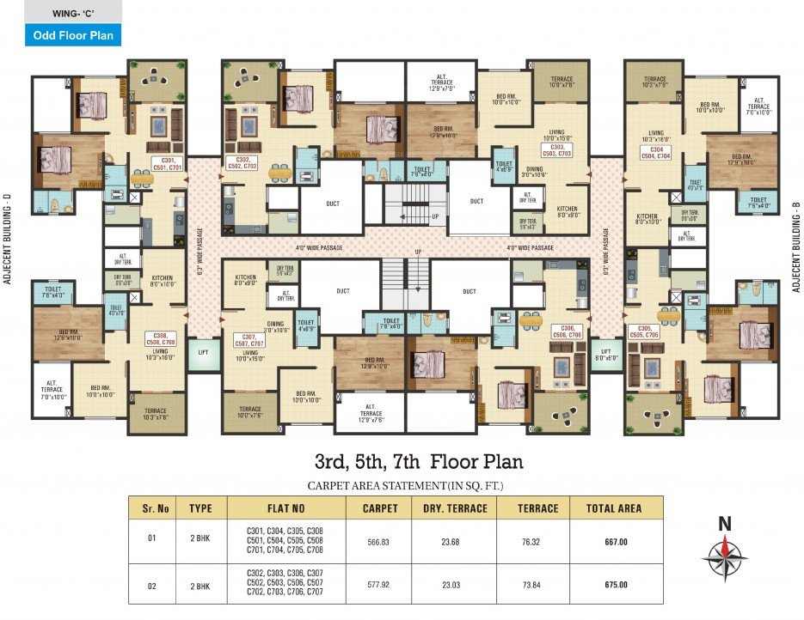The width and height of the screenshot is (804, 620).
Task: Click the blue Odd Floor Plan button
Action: (60, 35)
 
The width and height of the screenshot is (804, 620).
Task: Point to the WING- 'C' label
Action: (60, 12)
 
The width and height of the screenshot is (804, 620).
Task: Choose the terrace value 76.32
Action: (537, 542)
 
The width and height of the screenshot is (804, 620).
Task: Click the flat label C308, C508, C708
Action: (159, 337)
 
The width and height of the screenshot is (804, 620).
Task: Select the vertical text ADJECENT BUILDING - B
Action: (796, 240)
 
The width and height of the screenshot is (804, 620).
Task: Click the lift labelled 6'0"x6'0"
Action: (606, 354)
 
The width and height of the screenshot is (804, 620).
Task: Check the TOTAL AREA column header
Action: (613, 508)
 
